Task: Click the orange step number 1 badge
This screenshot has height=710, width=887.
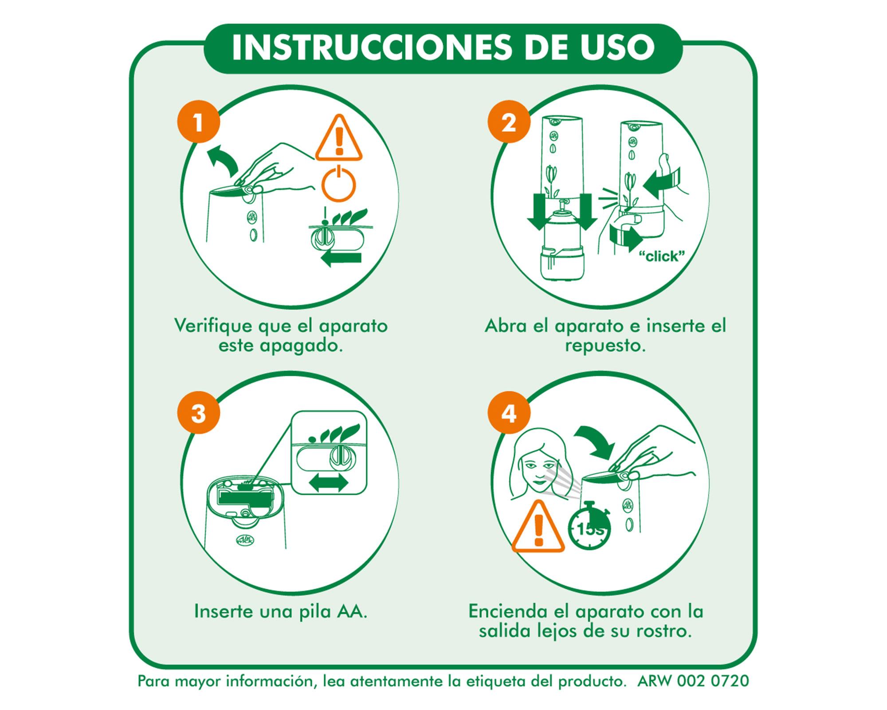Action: [198, 122]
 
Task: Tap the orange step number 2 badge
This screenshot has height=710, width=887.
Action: [509, 122]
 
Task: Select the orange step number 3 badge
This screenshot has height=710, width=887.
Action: [198, 413]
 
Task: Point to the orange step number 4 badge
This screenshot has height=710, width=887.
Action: [509, 413]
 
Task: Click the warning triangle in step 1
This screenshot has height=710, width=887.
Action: [339, 140]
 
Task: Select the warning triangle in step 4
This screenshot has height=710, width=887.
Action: [538, 528]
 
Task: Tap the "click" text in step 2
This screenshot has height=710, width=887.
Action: [661, 256]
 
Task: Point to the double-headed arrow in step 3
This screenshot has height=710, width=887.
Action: [328, 482]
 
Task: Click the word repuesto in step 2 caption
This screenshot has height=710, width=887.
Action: [605, 346]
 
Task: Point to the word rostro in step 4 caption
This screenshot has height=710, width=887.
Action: [663, 631]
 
